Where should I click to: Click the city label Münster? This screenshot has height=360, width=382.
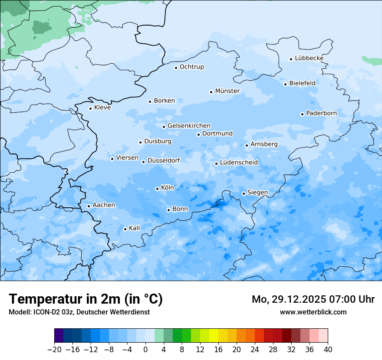click(227, 91)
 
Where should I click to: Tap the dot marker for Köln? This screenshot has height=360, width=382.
click(157, 189)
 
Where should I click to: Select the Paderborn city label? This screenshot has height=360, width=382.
click(321, 113)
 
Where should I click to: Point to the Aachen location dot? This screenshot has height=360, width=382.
click(89, 206)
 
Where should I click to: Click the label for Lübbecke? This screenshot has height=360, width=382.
click(309, 58)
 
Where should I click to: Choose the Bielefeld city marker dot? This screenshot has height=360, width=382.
click(286, 84)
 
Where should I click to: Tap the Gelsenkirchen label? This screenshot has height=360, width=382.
click(189, 126)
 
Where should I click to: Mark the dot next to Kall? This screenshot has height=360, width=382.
click(125, 229)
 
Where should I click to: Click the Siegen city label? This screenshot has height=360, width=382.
click(257, 193)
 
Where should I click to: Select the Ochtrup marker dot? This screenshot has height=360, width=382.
click(176, 67)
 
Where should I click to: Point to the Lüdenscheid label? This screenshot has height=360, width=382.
click(239, 163)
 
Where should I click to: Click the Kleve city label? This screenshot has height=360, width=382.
click(102, 108)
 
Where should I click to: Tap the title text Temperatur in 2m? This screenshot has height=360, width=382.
click(65, 299)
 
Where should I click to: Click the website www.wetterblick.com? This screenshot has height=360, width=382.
click(313, 312)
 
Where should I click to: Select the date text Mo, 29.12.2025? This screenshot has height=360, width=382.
click(289, 299)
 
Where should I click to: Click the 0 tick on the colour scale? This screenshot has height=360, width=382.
click(145, 350)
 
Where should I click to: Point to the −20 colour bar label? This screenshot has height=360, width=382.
click(54, 350)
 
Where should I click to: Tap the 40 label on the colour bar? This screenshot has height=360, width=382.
click(328, 350)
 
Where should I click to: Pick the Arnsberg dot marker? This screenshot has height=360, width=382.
click(247, 145)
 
